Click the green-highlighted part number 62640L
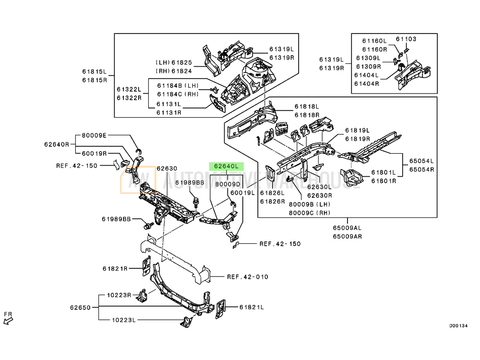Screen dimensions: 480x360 point(226,166)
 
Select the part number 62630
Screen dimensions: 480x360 point(167,168)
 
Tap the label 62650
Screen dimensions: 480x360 point(80,307)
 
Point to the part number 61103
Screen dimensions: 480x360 point(406,39)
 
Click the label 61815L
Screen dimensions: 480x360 point(94,72)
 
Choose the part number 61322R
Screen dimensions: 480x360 point(129,98)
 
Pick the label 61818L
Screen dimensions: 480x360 point(307,107)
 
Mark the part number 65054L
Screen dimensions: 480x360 point(422,161)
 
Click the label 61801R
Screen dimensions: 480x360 point(384,181)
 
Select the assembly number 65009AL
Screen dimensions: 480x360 point(347,228)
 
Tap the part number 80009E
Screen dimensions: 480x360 point(94,135)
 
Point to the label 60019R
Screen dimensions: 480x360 point(94,154)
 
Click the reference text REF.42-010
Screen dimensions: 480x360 point(248,277)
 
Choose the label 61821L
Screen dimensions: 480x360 point(252,307)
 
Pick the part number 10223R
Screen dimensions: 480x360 point(119,295)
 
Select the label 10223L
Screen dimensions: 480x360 point(124,320)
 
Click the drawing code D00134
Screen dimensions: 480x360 point(458,326)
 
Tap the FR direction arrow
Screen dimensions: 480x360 point(8,321)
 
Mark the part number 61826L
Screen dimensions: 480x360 point(272,193)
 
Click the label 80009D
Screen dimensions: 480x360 point(228,184)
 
